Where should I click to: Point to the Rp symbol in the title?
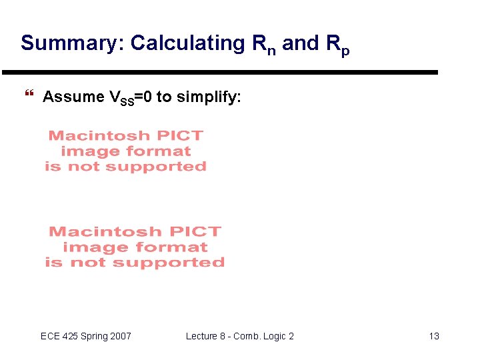337,45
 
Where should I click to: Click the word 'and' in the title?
300,43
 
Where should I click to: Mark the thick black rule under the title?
220,72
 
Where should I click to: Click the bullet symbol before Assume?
29,97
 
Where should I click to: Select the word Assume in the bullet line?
73,97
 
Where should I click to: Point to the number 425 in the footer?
71,336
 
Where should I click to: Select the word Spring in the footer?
96,336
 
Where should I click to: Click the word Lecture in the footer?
202,336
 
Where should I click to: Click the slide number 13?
434,336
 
